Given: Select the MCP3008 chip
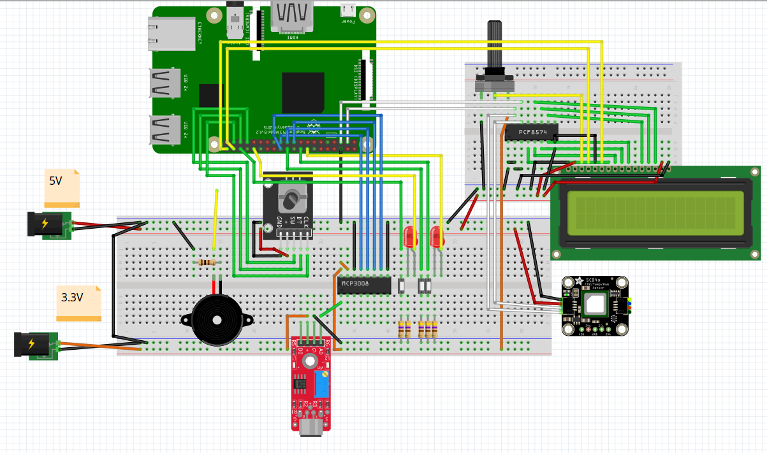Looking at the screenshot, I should click(x=363, y=284).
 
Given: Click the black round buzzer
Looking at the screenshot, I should click(x=215, y=319).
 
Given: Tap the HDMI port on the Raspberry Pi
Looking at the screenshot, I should click(x=293, y=15).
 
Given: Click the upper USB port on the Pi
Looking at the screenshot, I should click(x=164, y=83).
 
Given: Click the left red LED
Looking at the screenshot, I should click(x=409, y=238).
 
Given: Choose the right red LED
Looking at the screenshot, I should click(x=437, y=237).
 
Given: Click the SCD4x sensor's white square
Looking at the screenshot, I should click(x=595, y=306).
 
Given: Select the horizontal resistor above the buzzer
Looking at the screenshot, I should click(x=206, y=262).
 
